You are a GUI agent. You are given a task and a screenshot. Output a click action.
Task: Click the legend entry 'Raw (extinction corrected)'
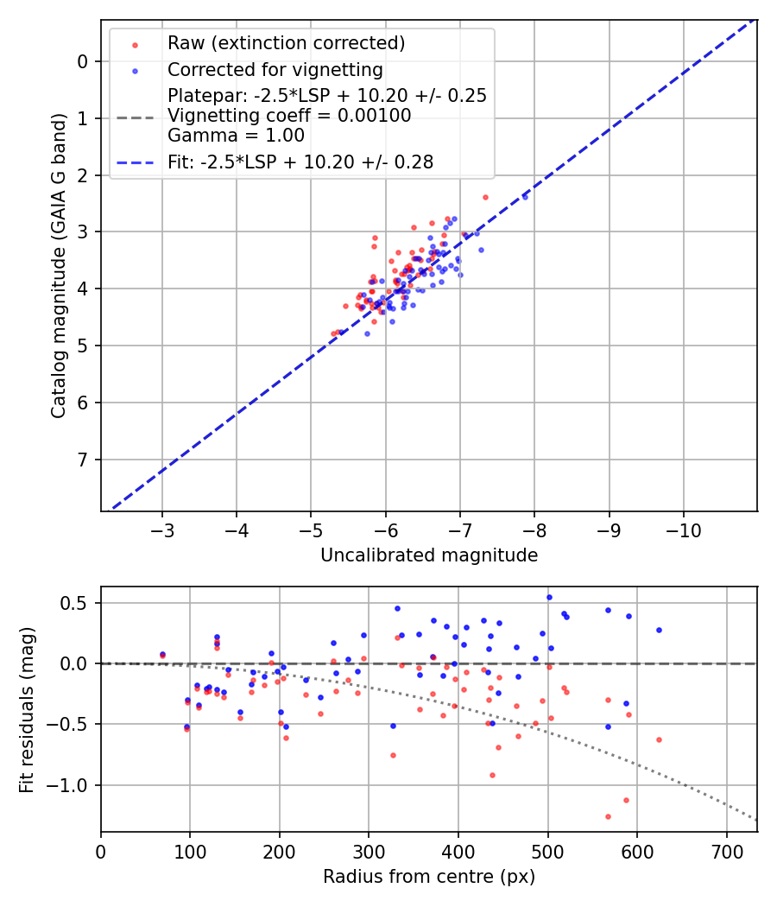287,43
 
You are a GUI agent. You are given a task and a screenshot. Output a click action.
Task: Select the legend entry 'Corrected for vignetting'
275,69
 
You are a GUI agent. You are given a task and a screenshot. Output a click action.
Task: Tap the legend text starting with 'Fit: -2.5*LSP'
300,162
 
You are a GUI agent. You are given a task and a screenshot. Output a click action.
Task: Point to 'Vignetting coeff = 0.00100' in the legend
289,116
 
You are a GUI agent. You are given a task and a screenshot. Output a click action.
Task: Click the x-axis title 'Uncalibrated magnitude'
429,555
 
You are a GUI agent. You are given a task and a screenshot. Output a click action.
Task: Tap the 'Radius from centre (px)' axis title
429,877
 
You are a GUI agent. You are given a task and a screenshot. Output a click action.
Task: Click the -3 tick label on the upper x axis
162,529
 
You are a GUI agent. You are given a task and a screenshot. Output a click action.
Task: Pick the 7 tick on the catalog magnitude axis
83,460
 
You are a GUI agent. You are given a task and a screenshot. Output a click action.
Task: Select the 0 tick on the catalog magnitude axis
83,61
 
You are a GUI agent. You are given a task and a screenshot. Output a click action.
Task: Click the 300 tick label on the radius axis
369,850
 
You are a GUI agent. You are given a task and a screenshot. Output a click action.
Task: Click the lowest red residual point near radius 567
608,816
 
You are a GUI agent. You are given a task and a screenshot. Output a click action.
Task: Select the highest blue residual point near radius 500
548,597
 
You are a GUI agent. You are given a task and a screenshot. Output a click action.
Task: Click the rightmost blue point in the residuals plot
659,630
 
